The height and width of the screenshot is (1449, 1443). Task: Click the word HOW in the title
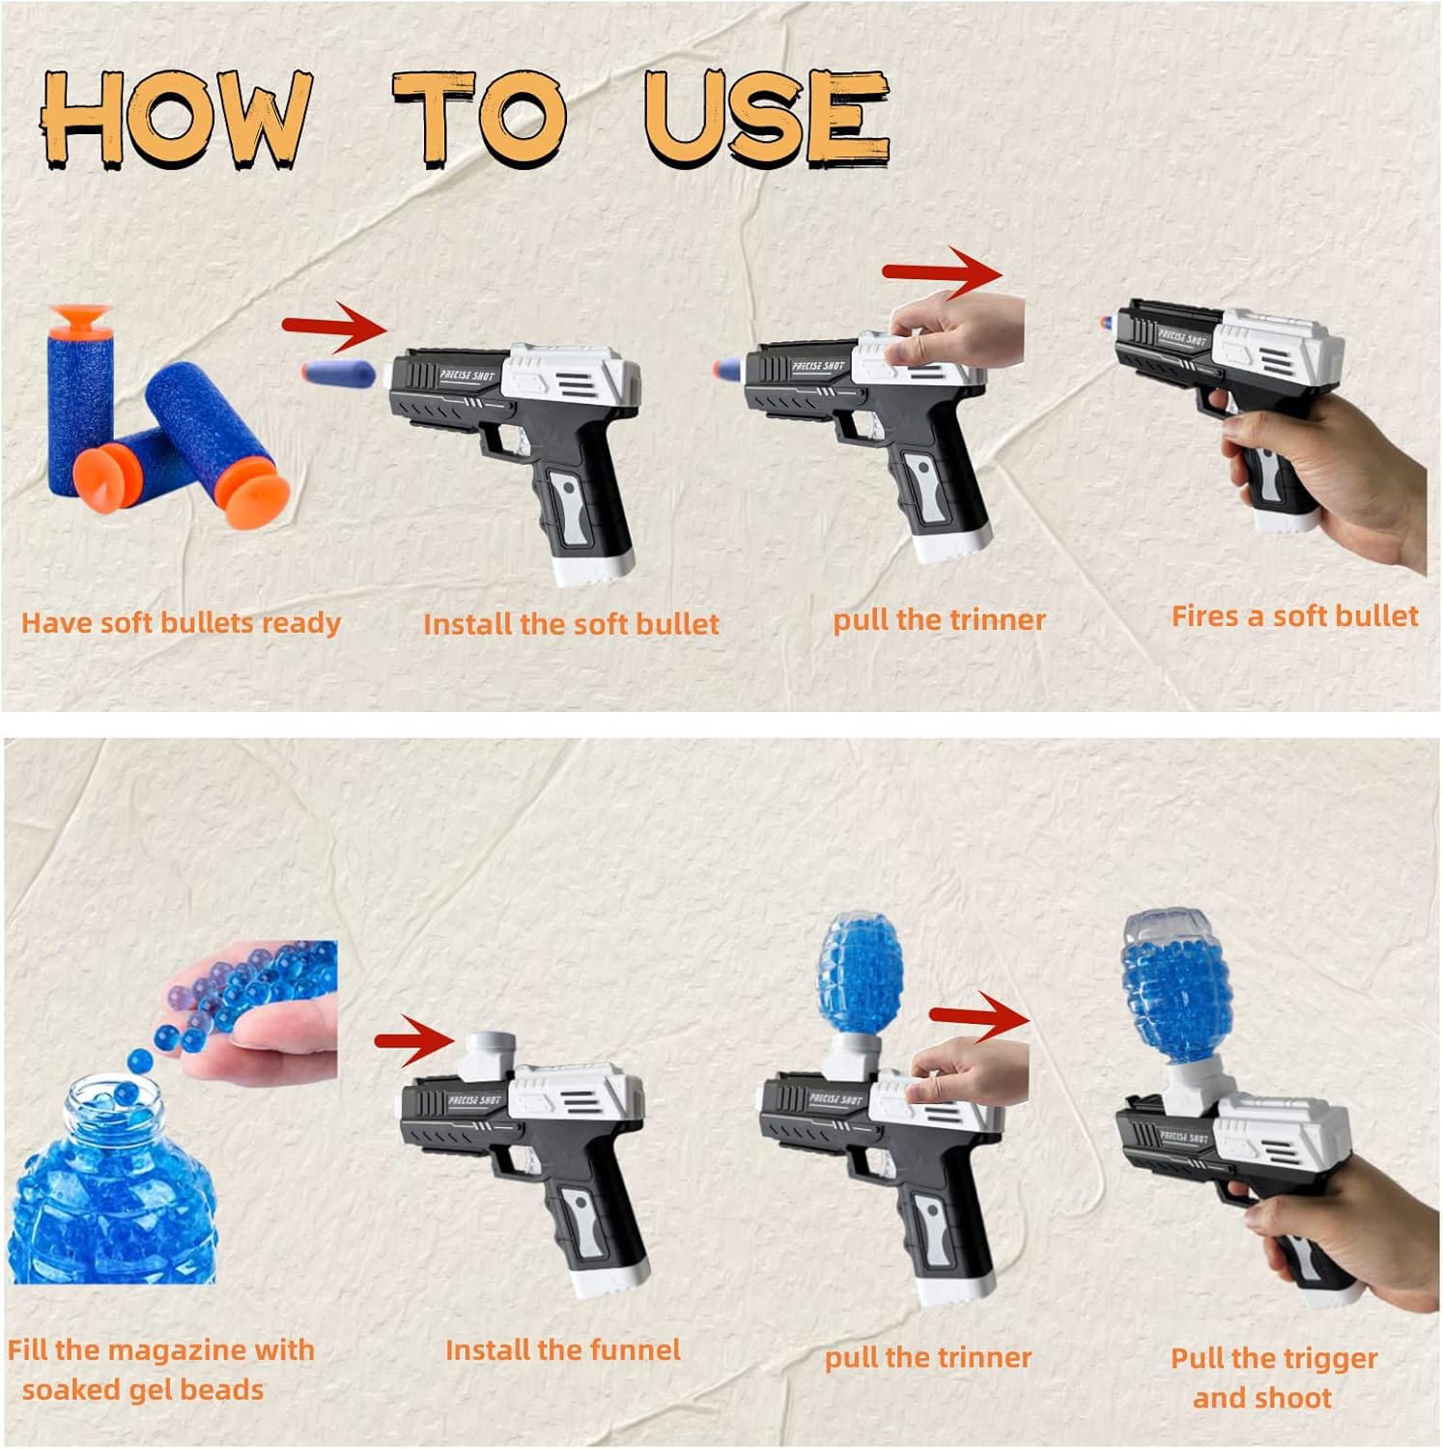pyautogui.click(x=177, y=120)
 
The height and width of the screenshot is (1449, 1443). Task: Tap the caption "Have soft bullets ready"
pyautogui.click(x=181, y=623)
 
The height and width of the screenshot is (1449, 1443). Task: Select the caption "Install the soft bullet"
pyautogui.click(x=571, y=624)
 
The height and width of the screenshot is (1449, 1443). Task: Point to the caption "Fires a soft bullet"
pyautogui.click(x=1294, y=616)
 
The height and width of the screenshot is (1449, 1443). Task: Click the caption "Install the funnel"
pyautogui.click(x=563, y=1350)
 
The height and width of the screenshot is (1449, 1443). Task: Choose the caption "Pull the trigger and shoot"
pyautogui.click(x=1274, y=1378)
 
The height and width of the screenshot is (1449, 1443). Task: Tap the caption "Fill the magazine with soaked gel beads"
pyautogui.click(x=160, y=1370)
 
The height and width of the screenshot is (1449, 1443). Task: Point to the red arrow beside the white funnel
pyautogui.click(x=414, y=1040)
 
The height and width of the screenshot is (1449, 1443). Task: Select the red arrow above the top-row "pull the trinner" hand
pyautogui.click(x=943, y=273)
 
